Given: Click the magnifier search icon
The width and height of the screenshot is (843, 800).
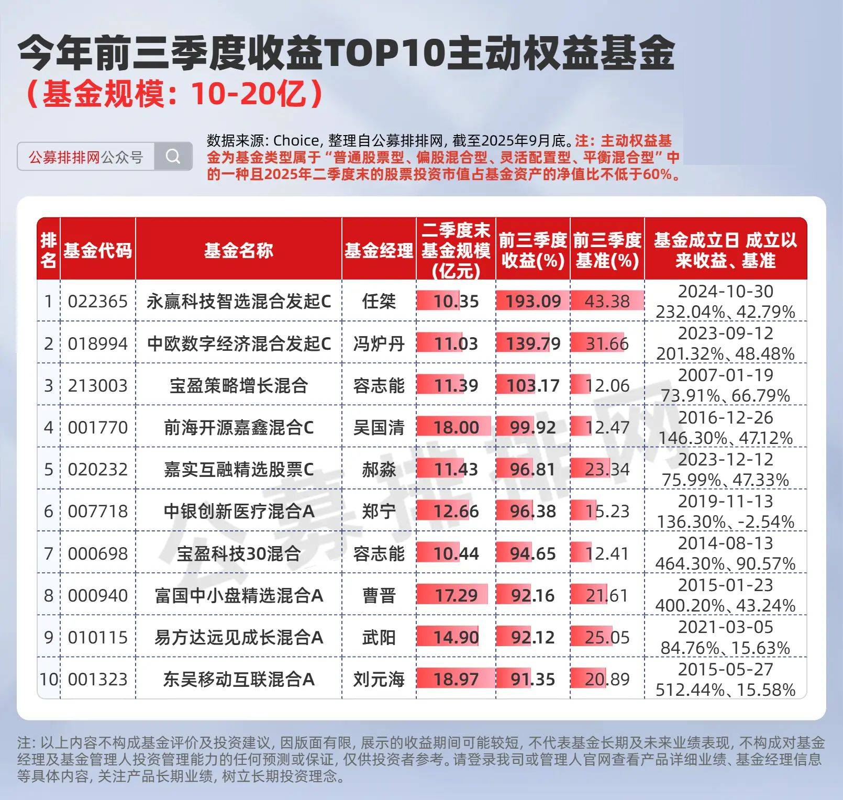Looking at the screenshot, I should (x=173, y=156).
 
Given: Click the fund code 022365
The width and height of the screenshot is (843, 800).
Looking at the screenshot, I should (x=98, y=302).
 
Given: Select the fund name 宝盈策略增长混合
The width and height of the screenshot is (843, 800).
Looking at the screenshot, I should (x=238, y=386).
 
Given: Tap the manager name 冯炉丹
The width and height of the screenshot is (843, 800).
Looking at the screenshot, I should (x=379, y=344).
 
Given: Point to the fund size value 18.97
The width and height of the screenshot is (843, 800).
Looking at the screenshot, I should (x=456, y=680).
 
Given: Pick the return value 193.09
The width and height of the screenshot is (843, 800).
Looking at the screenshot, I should (x=533, y=302).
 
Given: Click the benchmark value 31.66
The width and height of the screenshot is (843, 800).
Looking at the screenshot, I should (x=607, y=344).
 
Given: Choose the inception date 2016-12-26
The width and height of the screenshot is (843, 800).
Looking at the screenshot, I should (x=725, y=418).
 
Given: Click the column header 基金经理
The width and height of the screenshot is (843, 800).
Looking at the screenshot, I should (x=379, y=251).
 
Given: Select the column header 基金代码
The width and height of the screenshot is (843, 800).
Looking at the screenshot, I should (x=98, y=251).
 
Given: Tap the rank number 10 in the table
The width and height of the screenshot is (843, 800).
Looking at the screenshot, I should (x=49, y=680).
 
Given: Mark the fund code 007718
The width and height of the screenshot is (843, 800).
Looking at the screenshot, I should (x=98, y=512).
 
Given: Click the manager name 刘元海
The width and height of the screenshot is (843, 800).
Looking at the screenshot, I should (x=379, y=680).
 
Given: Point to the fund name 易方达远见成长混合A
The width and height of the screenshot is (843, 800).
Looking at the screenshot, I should (x=238, y=638).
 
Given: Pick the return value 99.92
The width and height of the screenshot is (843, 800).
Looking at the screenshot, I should (x=533, y=428).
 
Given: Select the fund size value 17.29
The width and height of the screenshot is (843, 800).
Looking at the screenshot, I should (x=456, y=596).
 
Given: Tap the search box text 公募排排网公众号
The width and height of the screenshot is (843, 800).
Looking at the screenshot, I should (x=86, y=157).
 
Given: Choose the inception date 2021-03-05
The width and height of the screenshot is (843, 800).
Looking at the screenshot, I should (x=725, y=627).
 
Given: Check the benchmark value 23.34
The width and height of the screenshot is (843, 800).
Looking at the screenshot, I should (x=607, y=470).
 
